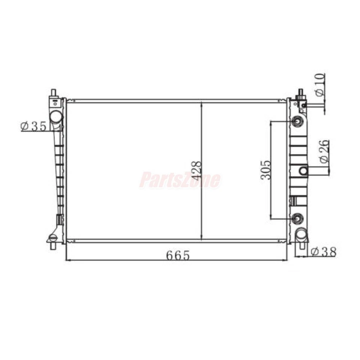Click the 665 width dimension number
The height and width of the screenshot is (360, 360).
point(178,255)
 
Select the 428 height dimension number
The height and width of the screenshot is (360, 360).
point(196,169)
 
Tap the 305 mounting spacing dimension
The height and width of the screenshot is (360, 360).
point(265,169)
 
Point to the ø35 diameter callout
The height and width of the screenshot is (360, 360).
point(34,126)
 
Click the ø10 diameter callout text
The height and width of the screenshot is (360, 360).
point(319,85)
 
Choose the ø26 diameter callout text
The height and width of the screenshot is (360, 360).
point(324,151)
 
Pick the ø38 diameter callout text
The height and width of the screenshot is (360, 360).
point(324,252)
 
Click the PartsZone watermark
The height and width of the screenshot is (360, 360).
point(180,180)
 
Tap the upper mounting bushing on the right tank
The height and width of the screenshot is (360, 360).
point(298,121)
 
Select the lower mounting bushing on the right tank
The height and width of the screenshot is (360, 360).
point(298,217)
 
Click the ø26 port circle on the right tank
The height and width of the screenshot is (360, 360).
point(303,171)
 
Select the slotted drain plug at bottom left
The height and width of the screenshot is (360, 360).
point(53,237)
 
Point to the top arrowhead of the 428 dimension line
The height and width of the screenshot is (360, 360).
point(202,103)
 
